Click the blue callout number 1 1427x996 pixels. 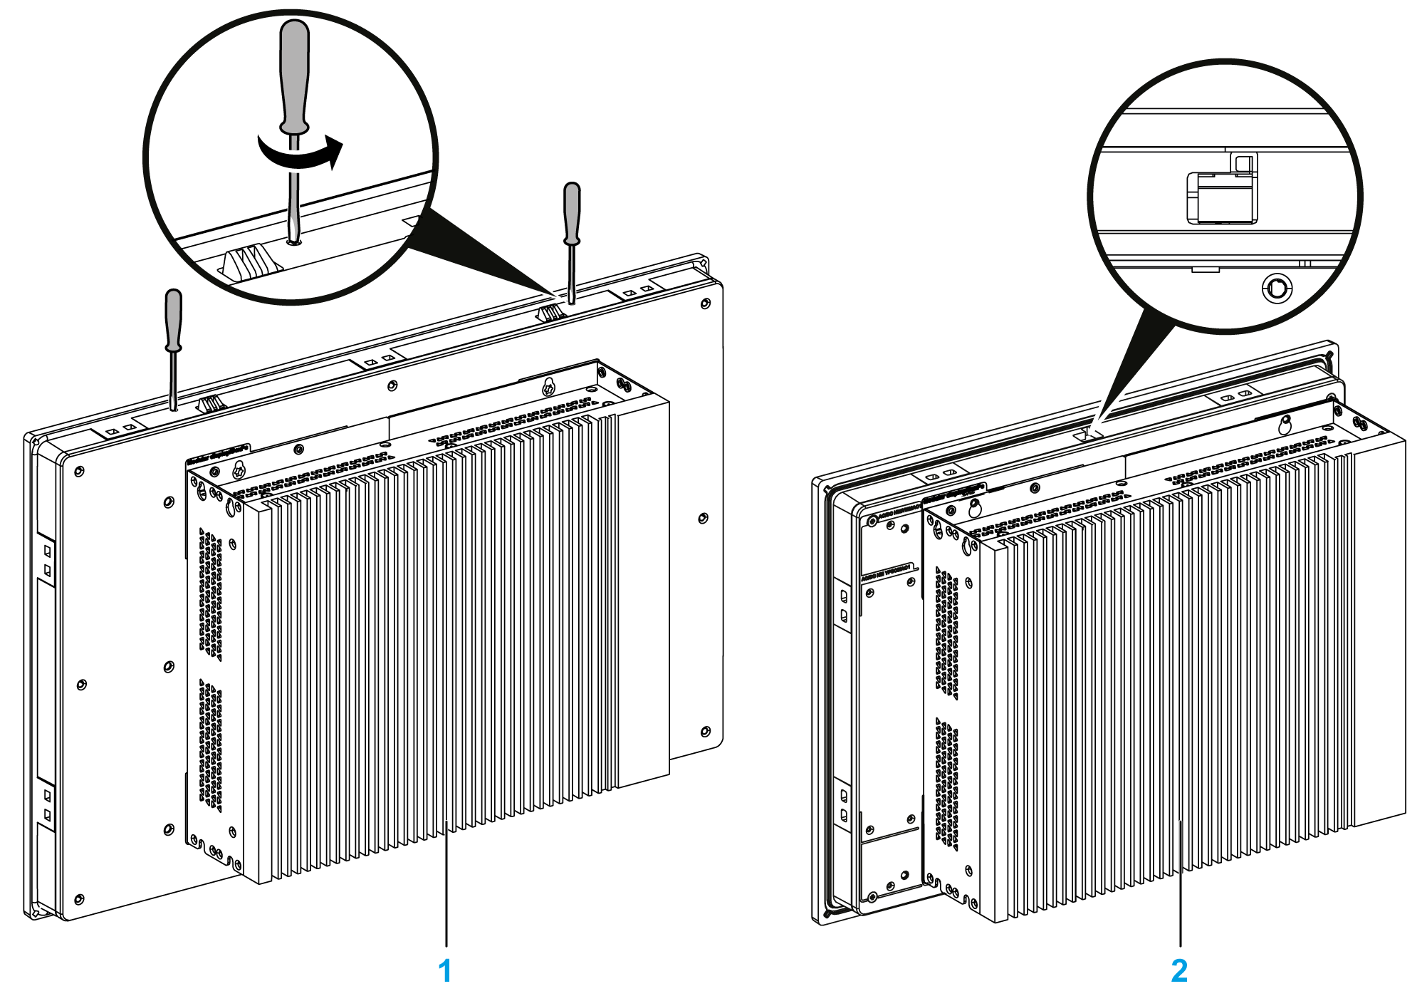[445, 970]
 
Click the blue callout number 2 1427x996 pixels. [1179, 970]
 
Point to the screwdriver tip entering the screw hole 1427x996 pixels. [293, 239]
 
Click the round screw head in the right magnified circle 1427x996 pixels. [1276, 289]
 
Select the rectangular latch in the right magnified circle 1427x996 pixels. [1221, 196]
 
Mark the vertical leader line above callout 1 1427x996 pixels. [446, 883]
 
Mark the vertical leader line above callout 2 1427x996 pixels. [1181, 883]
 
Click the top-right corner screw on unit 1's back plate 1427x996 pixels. [705, 304]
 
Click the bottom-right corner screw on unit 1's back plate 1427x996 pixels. [705, 732]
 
